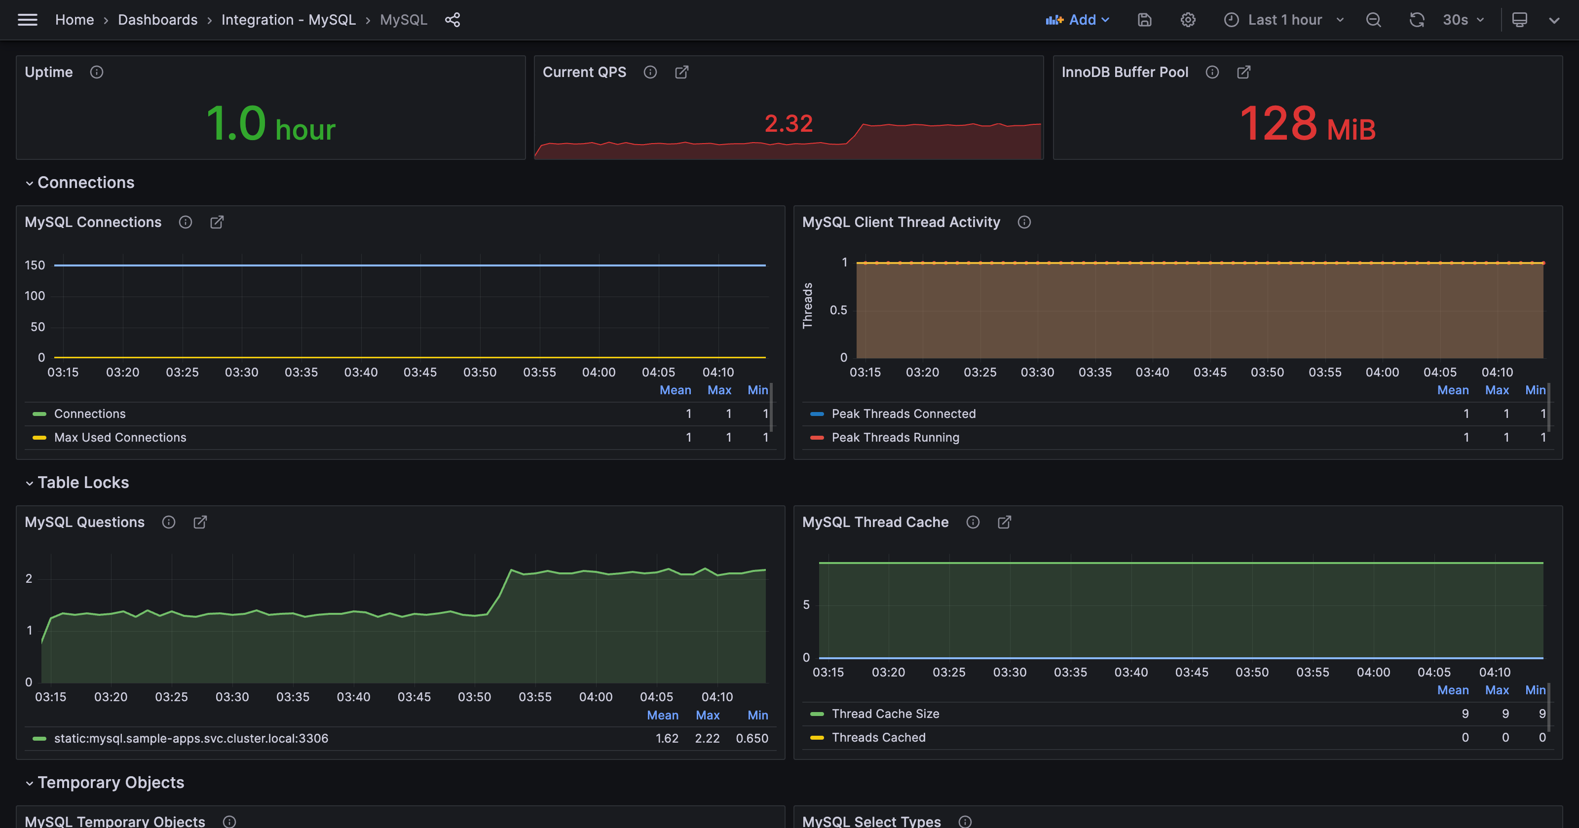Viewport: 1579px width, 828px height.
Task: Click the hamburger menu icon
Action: pyautogui.click(x=28, y=20)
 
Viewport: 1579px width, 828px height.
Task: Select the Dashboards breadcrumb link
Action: pyautogui.click(x=157, y=20)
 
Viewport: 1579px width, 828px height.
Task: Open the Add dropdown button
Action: pyautogui.click(x=1078, y=20)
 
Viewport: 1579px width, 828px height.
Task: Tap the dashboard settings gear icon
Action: pyautogui.click(x=1188, y=20)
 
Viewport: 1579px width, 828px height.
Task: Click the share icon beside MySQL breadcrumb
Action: pyautogui.click(x=452, y=20)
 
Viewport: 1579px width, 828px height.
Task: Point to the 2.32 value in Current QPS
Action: pyautogui.click(x=789, y=123)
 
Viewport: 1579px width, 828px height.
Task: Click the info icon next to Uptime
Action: pyautogui.click(x=97, y=73)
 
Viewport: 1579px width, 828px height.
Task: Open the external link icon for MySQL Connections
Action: pyautogui.click(x=217, y=222)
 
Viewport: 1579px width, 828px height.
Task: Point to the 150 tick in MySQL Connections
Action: pyautogui.click(x=35, y=265)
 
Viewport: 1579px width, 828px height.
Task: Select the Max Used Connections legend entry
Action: pyautogui.click(x=120, y=438)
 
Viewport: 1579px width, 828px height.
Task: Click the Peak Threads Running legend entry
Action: pyautogui.click(x=895, y=438)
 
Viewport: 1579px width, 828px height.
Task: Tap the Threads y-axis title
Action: pyautogui.click(x=807, y=305)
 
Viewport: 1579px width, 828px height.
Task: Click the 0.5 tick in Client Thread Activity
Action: pyautogui.click(x=838, y=310)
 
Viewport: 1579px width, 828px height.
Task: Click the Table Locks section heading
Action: pyautogui.click(x=83, y=482)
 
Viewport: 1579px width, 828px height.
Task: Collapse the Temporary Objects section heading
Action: pyautogui.click(x=111, y=783)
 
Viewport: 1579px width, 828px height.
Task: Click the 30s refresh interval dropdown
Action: pyautogui.click(x=1463, y=20)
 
